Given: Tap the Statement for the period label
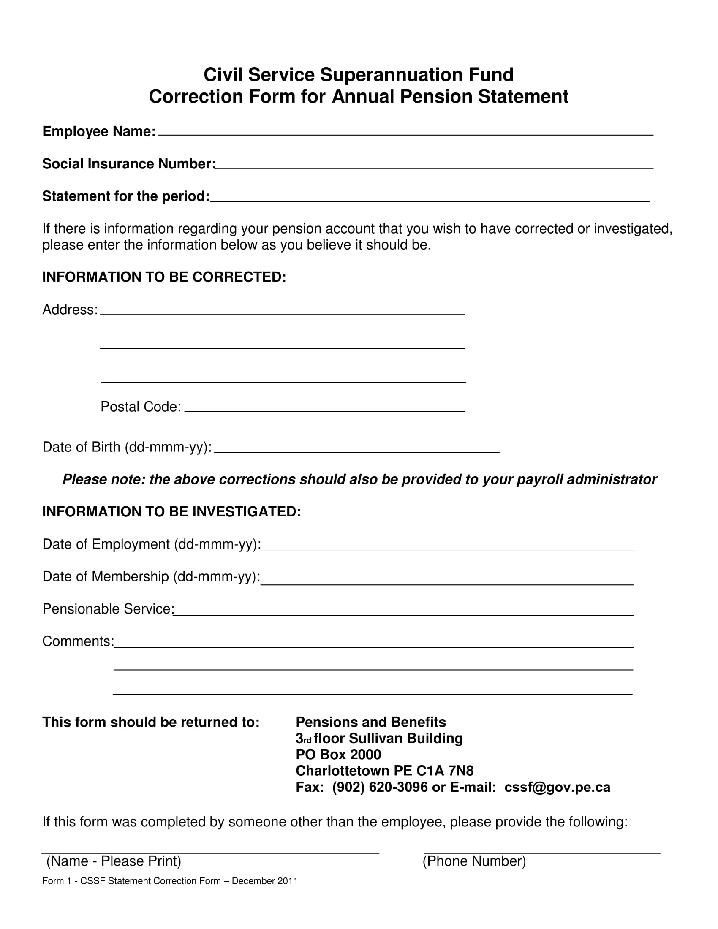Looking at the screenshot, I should pyautogui.click(x=125, y=196).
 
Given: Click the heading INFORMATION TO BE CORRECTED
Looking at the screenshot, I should pyautogui.click(x=164, y=277).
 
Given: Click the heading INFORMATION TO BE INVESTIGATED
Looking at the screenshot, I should pyautogui.click(x=171, y=512).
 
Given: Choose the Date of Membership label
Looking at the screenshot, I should pyautogui.click(x=151, y=577).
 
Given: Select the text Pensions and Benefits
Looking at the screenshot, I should pyautogui.click(x=370, y=722).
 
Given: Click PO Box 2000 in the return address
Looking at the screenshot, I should pyautogui.click(x=338, y=755).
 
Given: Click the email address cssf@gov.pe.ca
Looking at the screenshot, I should pyautogui.click(x=557, y=788).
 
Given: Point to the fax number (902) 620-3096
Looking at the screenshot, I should pyautogui.click(x=380, y=788).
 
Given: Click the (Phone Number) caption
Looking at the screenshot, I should pyautogui.click(x=474, y=861).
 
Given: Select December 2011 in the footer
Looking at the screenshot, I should pyautogui.click(x=264, y=881).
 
